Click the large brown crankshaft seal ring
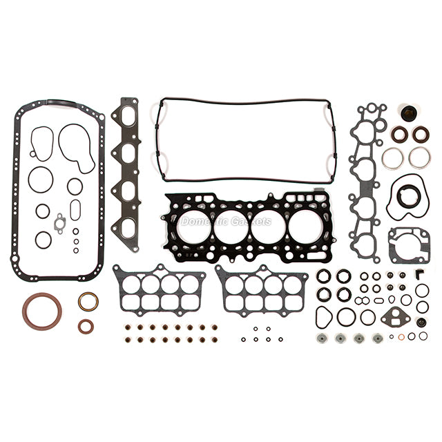[x=41, y=311]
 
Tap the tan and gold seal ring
[x=88, y=302]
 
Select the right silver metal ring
[x=419, y=157]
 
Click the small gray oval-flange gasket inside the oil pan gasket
[x=61, y=222]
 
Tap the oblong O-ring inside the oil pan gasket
[x=75, y=209]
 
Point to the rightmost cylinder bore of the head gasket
[x=305, y=227]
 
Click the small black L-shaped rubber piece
[x=419, y=274]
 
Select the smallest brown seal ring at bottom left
[x=85, y=325]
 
